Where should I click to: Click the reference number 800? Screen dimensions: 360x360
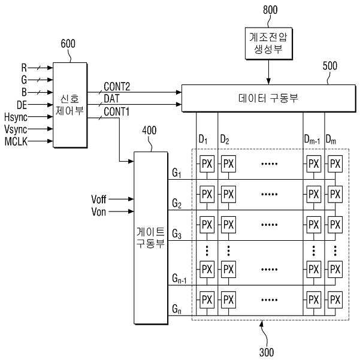pyautogui.click(x=270, y=10)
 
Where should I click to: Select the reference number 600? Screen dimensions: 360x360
pyautogui.click(x=68, y=44)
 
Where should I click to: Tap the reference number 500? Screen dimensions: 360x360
pyautogui.click(x=329, y=66)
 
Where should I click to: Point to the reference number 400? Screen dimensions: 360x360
pyautogui.click(x=149, y=131)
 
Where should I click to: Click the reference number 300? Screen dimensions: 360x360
pyautogui.click(x=267, y=352)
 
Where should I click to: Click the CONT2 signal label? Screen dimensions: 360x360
pyautogui.click(x=117, y=87)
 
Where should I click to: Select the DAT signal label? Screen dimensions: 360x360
pyautogui.click(x=111, y=99)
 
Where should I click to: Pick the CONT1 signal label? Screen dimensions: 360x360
pyautogui.click(x=117, y=112)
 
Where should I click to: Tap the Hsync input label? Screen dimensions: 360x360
pyautogui.click(x=16, y=117)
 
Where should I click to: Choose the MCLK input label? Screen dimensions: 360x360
pyautogui.click(x=16, y=141)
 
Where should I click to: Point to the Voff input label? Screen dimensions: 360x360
pyautogui.click(x=98, y=199)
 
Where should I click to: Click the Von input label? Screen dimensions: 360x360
pyautogui.click(x=98, y=211)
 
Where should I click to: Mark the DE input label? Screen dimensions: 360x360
pyautogui.click(x=22, y=105)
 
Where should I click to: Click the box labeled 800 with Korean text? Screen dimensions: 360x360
pyautogui.click(x=268, y=43)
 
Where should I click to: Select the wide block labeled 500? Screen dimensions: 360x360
pyautogui.click(x=268, y=98)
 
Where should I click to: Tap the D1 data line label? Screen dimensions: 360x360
pyautogui.click(x=203, y=140)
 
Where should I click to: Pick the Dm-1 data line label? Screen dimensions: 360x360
pyautogui.click(x=312, y=140)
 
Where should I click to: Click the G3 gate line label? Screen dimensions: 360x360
pyautogui.click(x=177, y=234)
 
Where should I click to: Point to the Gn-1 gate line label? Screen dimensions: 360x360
pyautogui.click(x=179, y=279)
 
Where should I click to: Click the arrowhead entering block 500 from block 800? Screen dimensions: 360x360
pyautogui.click(x=268, y=81)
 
